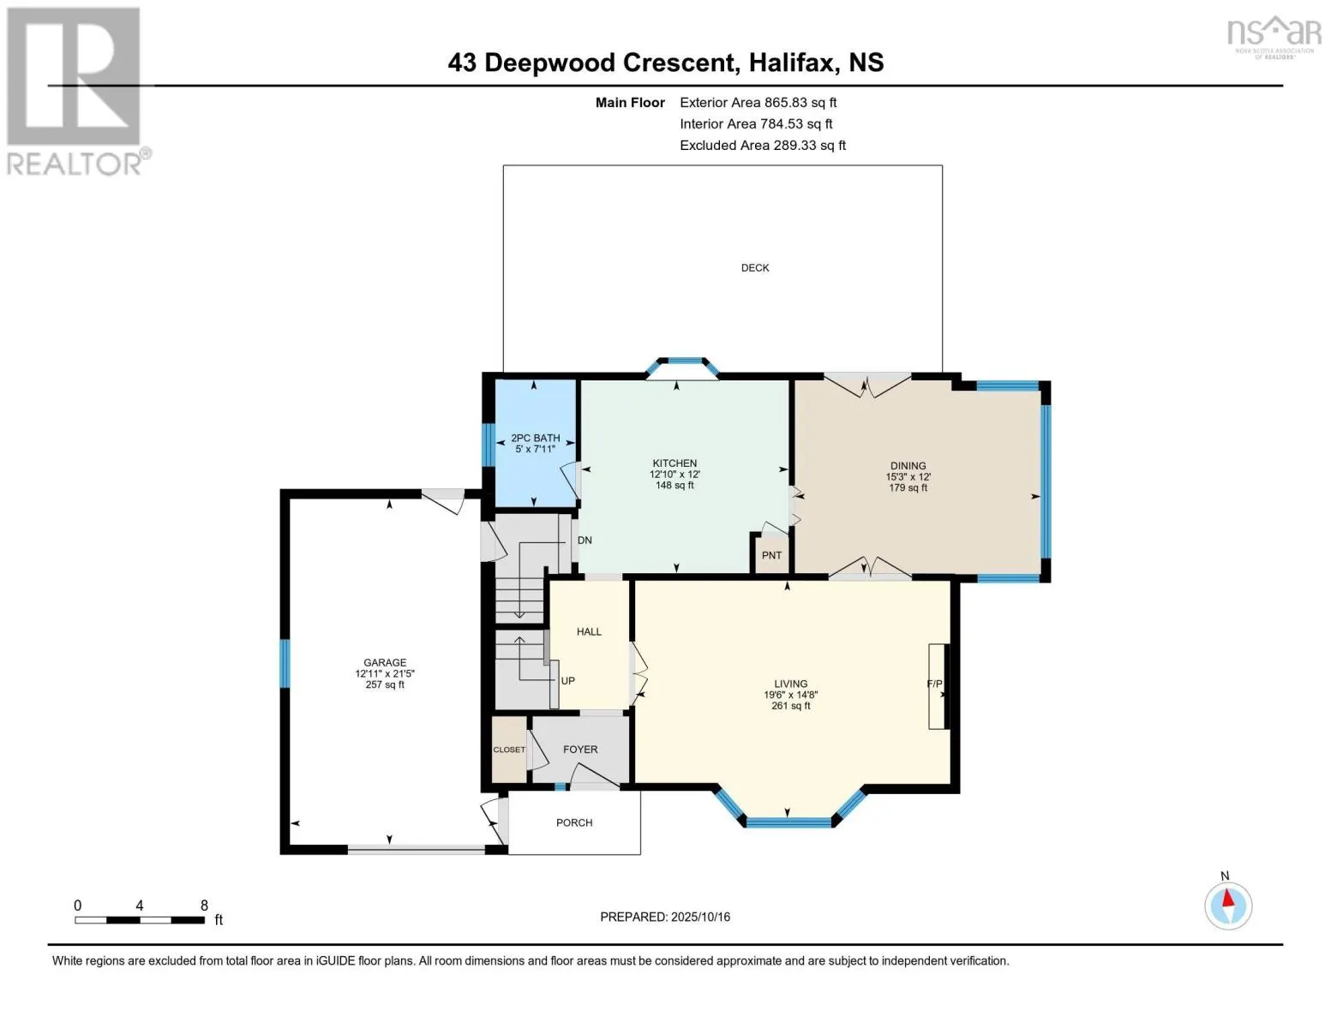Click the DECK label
(x=754, y=268)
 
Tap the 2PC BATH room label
(x=535, y=438)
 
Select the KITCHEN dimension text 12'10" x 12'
(x=674, y=475)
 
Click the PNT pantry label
(x=771, y=555)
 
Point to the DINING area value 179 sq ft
(x=908, y=488)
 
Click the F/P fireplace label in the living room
(x=934, y=684)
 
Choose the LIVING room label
(x=790, y=684)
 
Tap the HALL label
(x=589, y=632)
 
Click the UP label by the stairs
(x=567, y=681)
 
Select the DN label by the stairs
(x=585, y=541)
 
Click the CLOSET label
(x=509, y=750)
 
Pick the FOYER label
(x=580, y=750)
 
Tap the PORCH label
(x=574, y=823)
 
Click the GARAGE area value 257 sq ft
(x=385, y=685)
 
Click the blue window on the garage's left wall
(x=285, y=663)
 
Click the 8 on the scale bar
(x=204, y=905)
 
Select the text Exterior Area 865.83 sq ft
(x=758, y=103)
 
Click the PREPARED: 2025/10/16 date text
(x=665, y=917)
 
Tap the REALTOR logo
(x=75, y=90)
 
